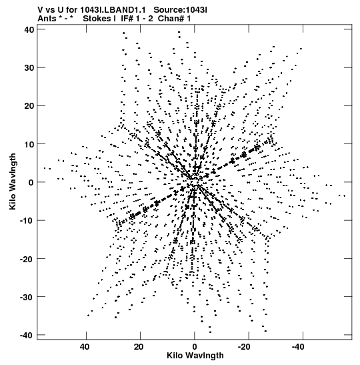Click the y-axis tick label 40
click(x=29, y=29)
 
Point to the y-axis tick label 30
click(x=29, y=68)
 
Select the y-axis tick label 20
click(x=29, y=106)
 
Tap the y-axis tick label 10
click(x=29, y=144)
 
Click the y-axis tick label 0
click(x=31, y=182)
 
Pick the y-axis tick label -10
click(x=27, y=220)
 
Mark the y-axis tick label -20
click(x=27, y=259)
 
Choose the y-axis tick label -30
click(x=27, y=297)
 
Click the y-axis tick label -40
click(x=27, y=335)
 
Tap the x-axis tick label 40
click(x=85, y=347)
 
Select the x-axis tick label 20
click(x=139, y=347)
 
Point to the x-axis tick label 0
click(x=195, y=347)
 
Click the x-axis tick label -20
click(x=244, y=347)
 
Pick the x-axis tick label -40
click(x=298, y=347)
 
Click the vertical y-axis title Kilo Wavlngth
click(x=13, y=181)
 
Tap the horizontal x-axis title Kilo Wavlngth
click(x=195, y=356)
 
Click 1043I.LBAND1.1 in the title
click(x=113, y=10)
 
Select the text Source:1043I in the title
click(x=180, y=10)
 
